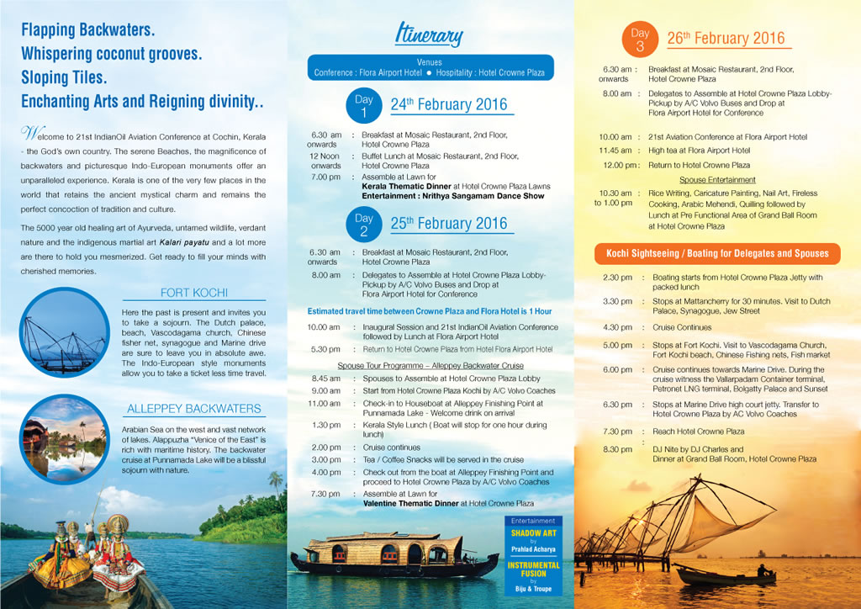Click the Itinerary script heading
[429, 35]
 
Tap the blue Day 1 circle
[364, 106]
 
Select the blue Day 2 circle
[364, 225]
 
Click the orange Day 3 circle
[640, 40]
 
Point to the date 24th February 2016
[448, 105]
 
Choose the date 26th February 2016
[726, 38]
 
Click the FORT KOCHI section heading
[193, 293]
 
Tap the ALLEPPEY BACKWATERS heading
[193, 409]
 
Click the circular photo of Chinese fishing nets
[64, 331]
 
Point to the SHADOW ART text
[533, 533]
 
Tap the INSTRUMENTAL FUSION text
[533, 569]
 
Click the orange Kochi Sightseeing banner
[717, 253]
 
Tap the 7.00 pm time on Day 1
[325, 177]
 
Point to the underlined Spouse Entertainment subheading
[717, 180]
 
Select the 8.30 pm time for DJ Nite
[617, 450]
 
